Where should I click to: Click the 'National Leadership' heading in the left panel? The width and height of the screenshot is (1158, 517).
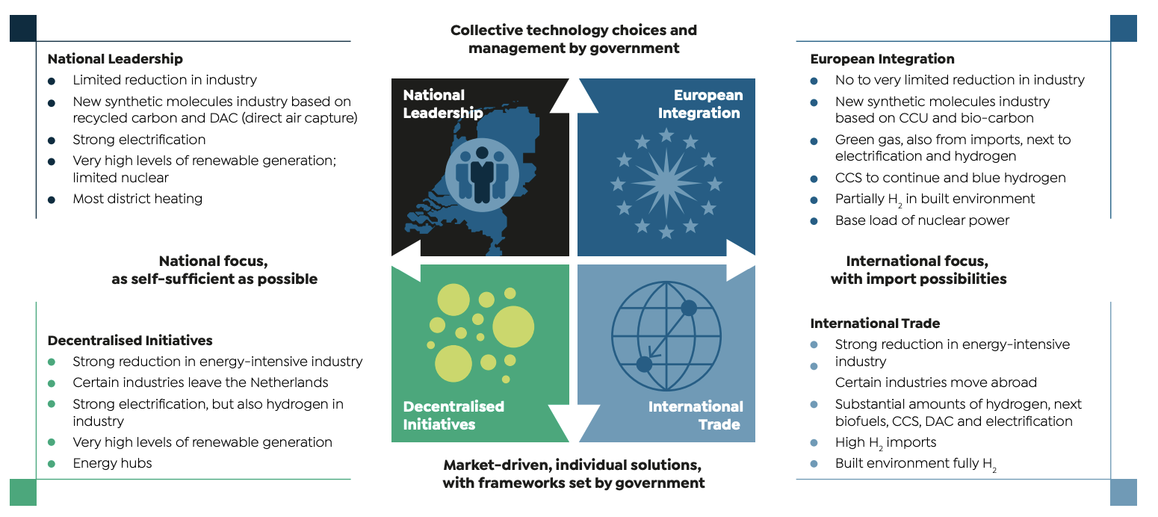(115, 59)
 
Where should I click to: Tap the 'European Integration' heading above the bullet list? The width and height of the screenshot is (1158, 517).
(882, 59)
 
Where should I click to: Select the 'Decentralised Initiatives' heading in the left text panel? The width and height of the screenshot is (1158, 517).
(130, 340)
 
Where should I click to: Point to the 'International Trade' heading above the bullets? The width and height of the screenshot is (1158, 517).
(875, 323)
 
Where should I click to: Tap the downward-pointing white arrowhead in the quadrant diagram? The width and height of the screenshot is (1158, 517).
(573, 421)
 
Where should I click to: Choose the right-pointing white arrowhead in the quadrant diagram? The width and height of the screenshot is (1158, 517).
(740, 260)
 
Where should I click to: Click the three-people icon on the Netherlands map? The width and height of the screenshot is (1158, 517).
(482, 175)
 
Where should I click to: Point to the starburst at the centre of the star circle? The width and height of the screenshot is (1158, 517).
(666, 182)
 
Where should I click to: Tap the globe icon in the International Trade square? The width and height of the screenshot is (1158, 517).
(666, 336)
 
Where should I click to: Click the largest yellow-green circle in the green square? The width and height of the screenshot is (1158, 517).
(513, 326)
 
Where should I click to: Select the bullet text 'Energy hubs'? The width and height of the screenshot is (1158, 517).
(112, 463)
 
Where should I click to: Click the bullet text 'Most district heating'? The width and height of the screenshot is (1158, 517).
(137, 199)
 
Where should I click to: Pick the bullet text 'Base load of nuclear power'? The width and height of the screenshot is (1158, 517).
(922, 220)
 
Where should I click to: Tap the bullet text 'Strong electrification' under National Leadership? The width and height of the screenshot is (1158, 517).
(139, 140)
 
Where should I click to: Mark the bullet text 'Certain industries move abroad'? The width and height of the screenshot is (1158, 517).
(935, 383)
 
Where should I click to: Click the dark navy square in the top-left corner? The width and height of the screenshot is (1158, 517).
(22, 28)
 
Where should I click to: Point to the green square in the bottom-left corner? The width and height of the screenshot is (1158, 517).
(22, 492)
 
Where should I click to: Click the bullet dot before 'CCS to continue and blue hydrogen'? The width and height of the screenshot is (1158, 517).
(814, 179)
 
